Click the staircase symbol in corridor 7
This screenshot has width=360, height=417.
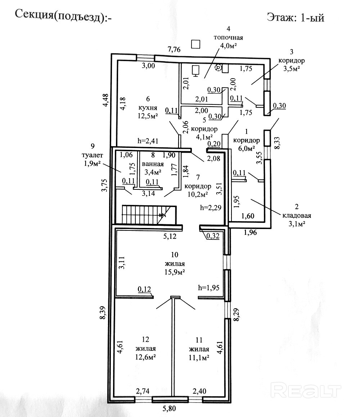149,215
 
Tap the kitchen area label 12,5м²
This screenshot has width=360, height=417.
148,116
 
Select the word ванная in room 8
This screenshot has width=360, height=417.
153,164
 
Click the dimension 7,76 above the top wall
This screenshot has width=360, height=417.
174,49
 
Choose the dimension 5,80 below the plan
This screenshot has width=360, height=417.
169,408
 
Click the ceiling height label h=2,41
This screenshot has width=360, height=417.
148,141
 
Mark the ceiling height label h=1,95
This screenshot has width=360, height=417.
209,287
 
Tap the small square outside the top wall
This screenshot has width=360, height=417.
196,44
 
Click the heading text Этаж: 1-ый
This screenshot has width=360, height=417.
296,18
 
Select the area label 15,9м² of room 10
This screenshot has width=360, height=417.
175,272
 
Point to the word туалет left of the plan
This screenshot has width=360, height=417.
92,155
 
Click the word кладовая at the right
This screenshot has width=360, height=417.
297,215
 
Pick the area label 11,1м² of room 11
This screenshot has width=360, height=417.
199,358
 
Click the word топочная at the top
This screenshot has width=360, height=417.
228,37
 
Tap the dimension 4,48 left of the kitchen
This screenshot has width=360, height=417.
105,100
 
